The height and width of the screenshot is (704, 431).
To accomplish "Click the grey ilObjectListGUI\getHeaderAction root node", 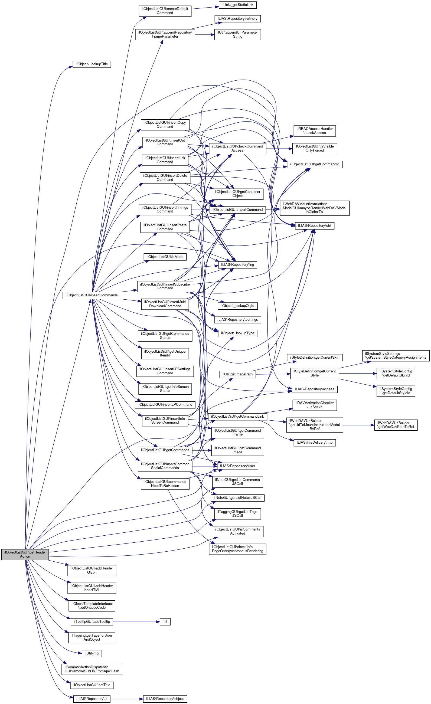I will click(x=25, y=554).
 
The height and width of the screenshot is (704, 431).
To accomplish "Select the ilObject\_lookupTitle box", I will click(x=92, y=64).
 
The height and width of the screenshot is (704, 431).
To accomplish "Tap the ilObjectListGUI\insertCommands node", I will click(x=92, y=295).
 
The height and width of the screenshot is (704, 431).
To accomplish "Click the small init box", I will click(x=165, y=621).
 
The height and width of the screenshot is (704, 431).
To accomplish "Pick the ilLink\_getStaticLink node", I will click(x=237, y=5).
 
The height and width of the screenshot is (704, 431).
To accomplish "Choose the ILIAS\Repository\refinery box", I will click(x=237, y=19).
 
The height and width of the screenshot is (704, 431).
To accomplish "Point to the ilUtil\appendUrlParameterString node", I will click(x=237, y=34).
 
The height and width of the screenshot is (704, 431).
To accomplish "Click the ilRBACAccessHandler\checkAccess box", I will click(x=314, y=131).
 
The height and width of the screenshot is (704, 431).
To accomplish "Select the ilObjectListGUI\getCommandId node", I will click(x=314, y=164).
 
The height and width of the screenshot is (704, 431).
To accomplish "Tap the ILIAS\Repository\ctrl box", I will click(x=314, y=226).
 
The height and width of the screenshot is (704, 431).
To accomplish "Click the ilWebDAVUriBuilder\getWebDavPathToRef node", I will click(x=396, y=425).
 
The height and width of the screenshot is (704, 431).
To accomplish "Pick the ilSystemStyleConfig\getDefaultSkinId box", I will click(x=396, y=373).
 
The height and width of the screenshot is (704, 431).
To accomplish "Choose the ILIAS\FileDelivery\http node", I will click(x=314, y=442).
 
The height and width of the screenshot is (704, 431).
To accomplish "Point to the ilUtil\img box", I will click(x=92, y=653).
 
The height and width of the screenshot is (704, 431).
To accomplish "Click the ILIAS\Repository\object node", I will click(x=165, y=699).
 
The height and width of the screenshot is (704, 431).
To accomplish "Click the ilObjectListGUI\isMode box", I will click(x=165, y=257).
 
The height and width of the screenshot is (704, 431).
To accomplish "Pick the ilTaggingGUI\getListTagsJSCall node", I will click(x=237, y=513).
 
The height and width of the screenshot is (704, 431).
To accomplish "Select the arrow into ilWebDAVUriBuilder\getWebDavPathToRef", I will click(x=359, y=425).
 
